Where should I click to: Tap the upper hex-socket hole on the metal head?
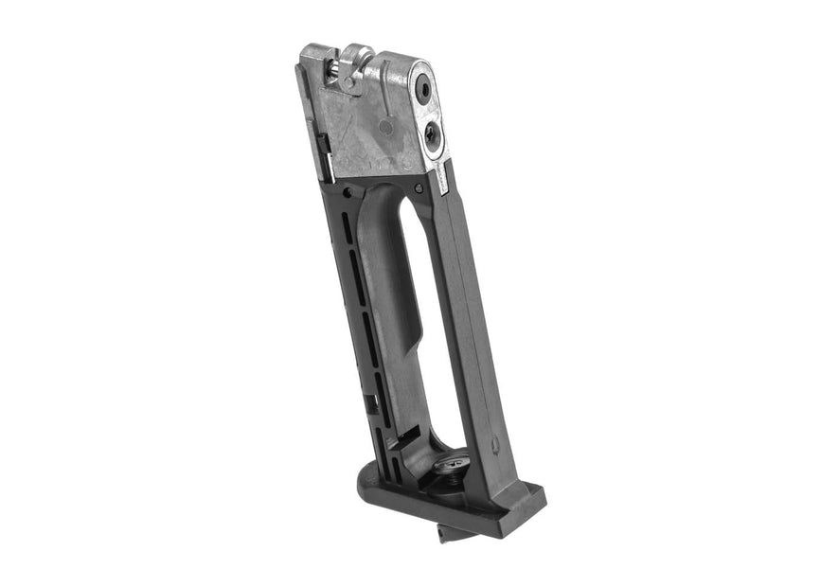[425, 91]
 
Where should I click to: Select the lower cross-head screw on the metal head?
[432, 136]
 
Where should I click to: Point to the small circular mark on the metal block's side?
[385, 125]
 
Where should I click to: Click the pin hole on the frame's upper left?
[348, 192]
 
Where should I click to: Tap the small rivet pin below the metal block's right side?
[418, 189]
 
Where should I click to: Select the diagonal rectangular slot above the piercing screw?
[410, 436]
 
